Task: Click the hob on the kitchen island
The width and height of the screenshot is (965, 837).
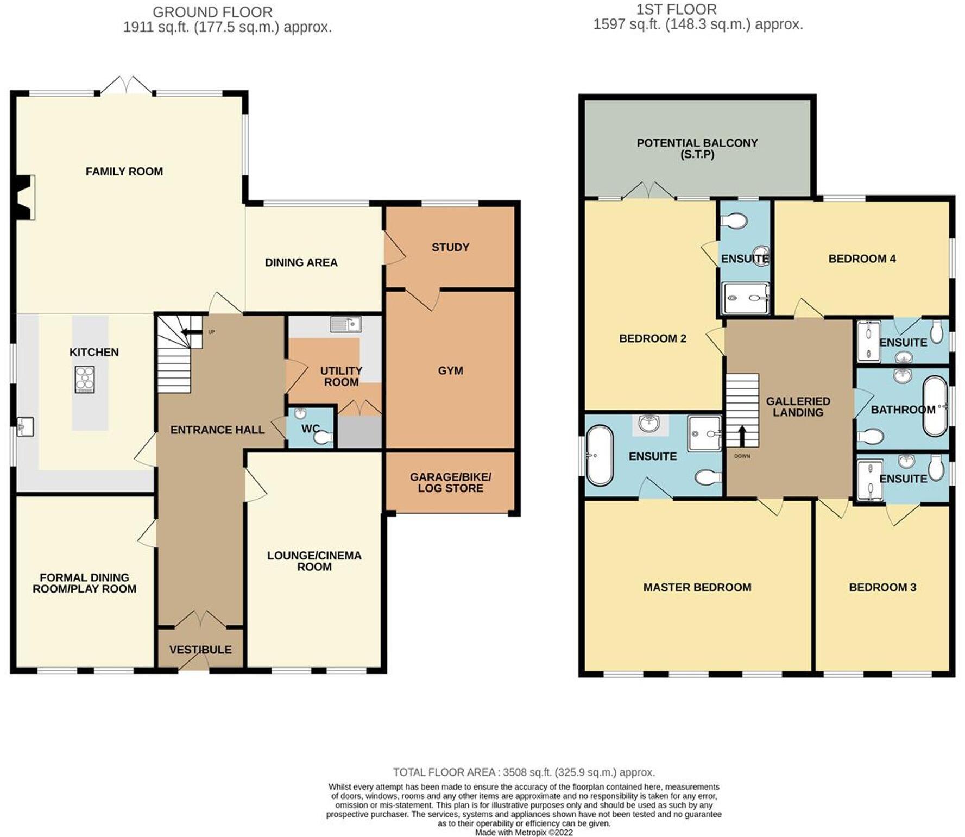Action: (x=85, y=380)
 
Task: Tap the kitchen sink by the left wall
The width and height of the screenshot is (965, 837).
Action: (x=25, y=426)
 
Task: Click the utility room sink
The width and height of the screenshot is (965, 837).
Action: (x=345, y=324)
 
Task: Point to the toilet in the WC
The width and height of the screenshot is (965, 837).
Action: (x=324, y=437)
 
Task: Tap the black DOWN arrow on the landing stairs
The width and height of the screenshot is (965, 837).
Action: (x=742, y=435)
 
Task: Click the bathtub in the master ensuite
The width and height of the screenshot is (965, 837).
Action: (x=600, y=455)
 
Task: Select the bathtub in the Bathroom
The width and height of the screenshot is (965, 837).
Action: (x=935, y=406)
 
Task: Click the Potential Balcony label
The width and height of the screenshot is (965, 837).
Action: (x=697, y=148)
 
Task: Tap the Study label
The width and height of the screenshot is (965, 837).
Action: (x=450, y=247)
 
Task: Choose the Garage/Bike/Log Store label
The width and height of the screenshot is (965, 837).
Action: (x=450, y=482)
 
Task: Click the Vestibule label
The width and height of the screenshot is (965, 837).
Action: (x=200, y=650)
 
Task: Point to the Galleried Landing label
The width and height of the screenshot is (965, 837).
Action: (x=798, y=406)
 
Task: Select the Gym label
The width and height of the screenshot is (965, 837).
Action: (x=450, y=370)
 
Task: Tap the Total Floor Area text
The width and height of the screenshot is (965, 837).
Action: (x=524, y=772)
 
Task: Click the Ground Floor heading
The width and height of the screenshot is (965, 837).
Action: (x=212, y=12)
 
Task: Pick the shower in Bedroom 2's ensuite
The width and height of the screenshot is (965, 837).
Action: (x=746, y=298)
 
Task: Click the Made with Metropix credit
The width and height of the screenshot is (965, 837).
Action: (x=524, y=832)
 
